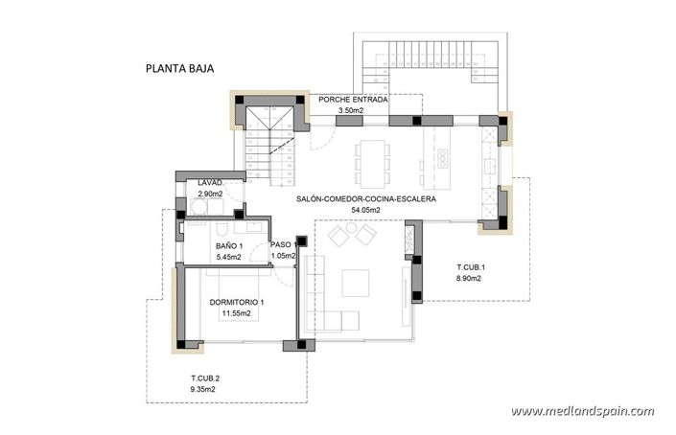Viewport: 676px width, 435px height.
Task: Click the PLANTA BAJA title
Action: (x=178, y=68)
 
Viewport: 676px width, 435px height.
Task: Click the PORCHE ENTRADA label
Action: (x=353, y=100)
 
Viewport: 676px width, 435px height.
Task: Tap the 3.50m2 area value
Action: (x=351, y=111)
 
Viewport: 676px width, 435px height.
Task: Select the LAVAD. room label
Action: (x=210, y=183)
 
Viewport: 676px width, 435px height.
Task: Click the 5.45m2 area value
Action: (x=230, y=258)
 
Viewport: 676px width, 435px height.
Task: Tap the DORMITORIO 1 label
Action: (x=236, y=303)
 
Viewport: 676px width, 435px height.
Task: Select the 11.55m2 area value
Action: (x=236, y=313)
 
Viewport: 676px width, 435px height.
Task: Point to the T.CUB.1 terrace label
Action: (x=471, y=266)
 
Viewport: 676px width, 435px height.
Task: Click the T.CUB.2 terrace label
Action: (x=205, y=378)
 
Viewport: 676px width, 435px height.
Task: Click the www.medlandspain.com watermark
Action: (x=582, y=411)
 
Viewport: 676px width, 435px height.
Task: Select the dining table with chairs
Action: (x=369, y=159)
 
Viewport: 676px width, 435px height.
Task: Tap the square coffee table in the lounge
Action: (x=356, y=283)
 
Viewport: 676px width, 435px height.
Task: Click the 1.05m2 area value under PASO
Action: (x=283, y=257)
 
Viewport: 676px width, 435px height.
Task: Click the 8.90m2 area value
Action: (x=469, y=278)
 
